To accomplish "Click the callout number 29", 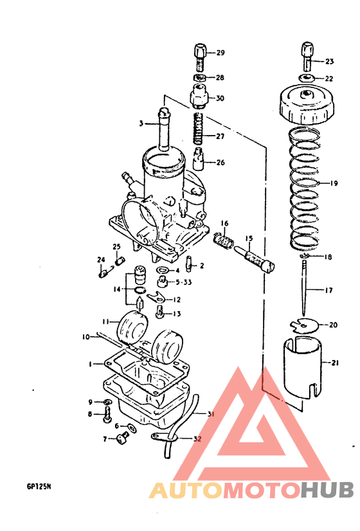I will [220, 53].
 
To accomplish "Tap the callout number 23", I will [329, 62].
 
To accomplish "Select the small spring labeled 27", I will [199, 129].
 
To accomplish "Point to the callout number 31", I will [210, 414].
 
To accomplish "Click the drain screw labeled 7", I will [121, 440].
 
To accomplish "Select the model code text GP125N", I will [39, 487].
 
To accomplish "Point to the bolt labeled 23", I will [307, 57].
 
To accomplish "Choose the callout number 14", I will [116, 289].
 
